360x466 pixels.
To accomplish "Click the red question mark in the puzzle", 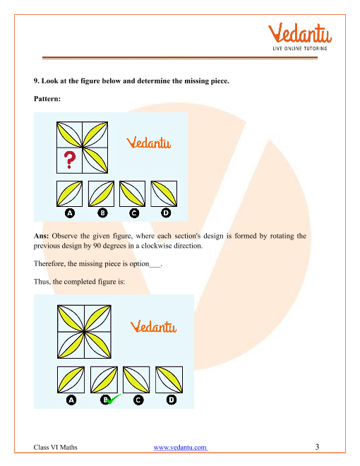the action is [70, 160].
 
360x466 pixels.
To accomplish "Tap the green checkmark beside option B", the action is [114, 399].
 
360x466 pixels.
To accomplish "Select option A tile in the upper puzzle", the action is [69, 193].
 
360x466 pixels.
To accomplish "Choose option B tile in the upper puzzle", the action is [101, 193].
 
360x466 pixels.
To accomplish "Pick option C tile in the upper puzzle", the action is [133, 193].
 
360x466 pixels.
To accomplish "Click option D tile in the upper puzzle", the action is [164, 193].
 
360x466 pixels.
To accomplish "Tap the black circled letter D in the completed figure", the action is [172, 400].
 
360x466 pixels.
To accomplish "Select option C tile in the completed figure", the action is [136, 380].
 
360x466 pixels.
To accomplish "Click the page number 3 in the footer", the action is [317, 447].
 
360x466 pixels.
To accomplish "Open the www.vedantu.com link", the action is [180, 447].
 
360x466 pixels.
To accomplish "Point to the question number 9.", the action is [36, 80].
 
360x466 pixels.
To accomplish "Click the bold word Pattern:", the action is [47, 99].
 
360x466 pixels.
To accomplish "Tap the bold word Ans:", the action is [41, 236].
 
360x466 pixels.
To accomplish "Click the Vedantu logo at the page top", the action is [300, 37].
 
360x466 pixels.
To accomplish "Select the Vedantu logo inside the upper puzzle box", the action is [148, 143].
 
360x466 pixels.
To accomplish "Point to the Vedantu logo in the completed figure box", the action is [154, 327].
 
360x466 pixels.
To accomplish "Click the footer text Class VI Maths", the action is [56, 447].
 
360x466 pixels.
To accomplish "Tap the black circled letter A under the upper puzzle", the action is [70, 213].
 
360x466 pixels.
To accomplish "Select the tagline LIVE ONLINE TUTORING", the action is [300, 49].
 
